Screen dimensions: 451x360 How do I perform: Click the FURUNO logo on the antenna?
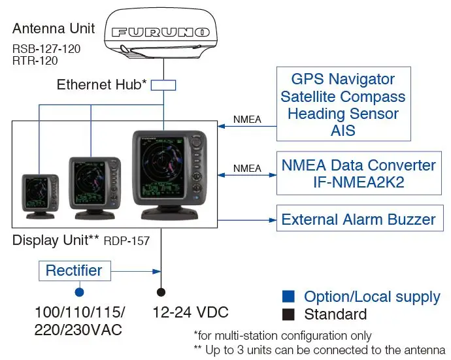click(x=161, y=32)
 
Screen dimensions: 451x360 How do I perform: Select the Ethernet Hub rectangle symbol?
click(x=163, y=86)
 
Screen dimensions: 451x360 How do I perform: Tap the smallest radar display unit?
click(x=41, y=197)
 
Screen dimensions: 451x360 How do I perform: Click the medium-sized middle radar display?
click(x=95, y=188)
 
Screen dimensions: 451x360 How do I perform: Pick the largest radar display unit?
click(x=169, y=175)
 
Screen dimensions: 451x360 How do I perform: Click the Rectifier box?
click(x=75, y=271)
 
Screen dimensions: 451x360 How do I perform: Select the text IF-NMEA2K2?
click(x=359, y=182)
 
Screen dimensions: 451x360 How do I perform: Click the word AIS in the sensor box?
click(x=343, y=131)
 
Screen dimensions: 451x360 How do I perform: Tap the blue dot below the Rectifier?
click(x=79, y=292)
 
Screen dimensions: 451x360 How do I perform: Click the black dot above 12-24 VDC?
click(x=161, y=292)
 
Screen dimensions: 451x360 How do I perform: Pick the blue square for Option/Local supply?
click(x=288, y=297)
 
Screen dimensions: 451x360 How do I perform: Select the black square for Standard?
click(x=288, y=314)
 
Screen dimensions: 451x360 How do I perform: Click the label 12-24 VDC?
click(x=190, y=312)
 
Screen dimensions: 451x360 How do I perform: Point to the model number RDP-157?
click(x=127, y=241)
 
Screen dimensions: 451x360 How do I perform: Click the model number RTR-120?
click(x=35, y=61)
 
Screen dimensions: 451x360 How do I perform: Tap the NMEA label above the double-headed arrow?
click(x=247, y=168)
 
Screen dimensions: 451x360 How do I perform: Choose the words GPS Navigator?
click(x=343, y=79)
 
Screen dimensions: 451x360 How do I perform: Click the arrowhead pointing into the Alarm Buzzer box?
click(x=273, y=220)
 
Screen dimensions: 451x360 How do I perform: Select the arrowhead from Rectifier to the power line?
click(x=157, y=271)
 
